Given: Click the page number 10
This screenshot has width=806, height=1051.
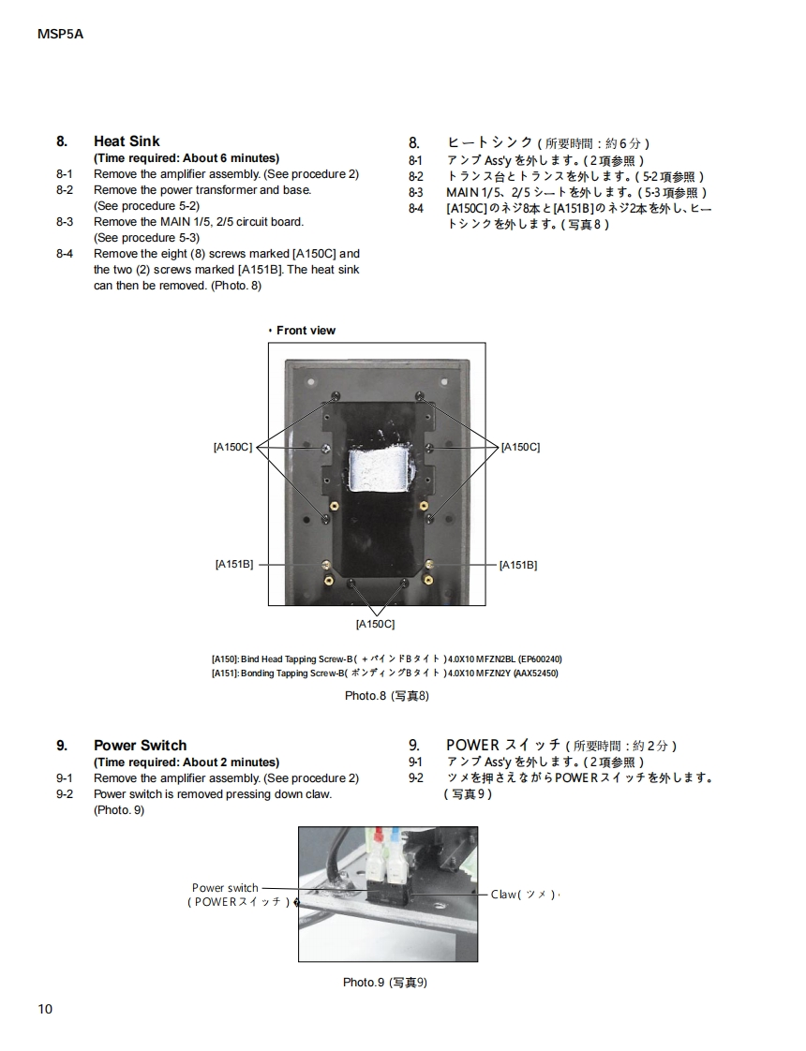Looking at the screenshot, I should (46, 1009).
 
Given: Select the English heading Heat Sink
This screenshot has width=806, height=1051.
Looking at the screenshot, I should (127, 141).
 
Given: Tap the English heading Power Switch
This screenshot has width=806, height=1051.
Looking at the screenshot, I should (140, 746).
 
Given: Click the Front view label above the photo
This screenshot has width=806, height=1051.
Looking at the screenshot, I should (305, 331).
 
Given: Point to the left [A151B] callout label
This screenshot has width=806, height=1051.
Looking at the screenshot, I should (234, 565).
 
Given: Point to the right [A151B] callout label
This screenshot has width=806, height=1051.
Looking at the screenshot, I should (518, 565).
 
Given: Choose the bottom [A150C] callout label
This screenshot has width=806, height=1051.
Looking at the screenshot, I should (375, 624).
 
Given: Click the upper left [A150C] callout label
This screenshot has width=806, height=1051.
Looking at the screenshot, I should (233, 447).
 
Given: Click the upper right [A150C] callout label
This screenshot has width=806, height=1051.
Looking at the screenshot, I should (521, 447).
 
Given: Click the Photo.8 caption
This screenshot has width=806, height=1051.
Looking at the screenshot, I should (387, 696).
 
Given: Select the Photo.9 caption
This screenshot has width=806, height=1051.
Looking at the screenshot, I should (385, 983).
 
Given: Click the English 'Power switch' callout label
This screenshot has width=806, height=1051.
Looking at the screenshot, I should (225, 888).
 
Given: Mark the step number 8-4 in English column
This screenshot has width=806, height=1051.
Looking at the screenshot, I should (65, 254).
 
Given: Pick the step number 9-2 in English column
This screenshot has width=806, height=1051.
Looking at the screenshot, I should (65, 794).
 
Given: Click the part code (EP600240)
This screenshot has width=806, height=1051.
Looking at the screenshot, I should (540, 659).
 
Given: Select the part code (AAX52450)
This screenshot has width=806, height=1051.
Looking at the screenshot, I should (536, 674).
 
